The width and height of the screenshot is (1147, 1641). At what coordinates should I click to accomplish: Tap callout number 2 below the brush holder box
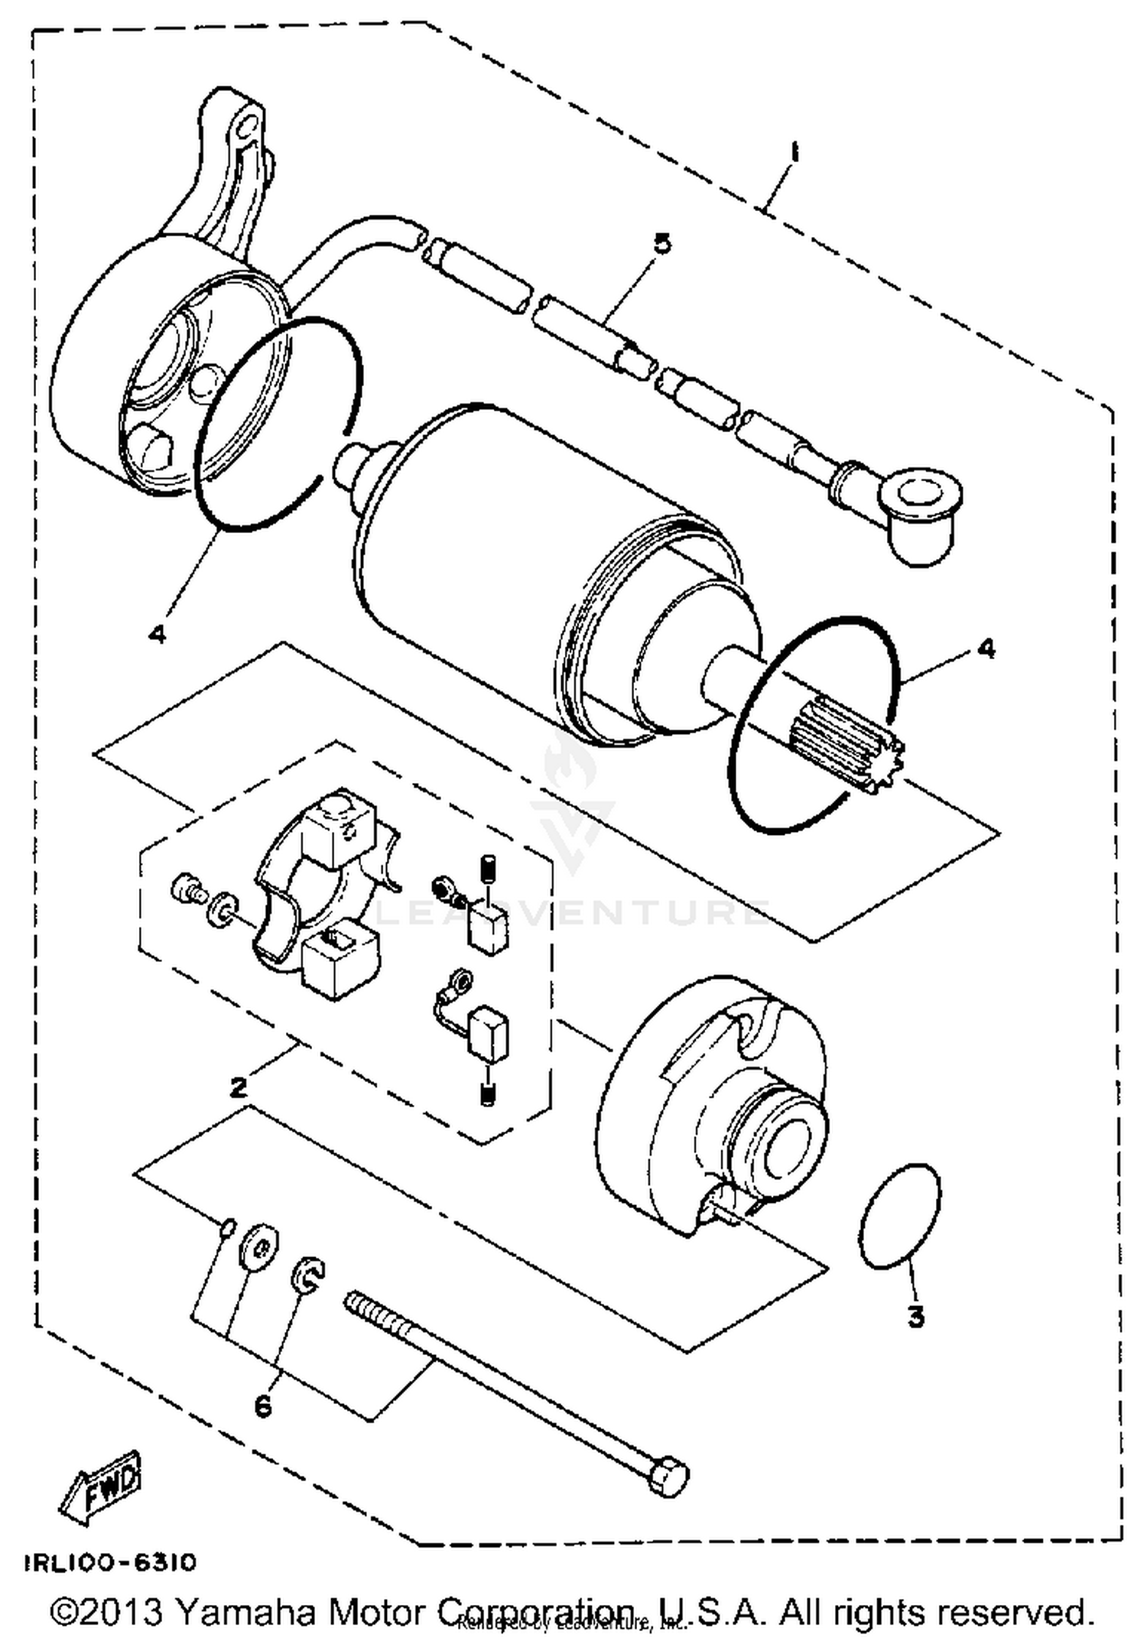click(239, 1087)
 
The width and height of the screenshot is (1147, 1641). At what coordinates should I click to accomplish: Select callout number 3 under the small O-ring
click(915, 1317)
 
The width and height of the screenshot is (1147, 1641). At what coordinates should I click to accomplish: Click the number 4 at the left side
click(157, 633)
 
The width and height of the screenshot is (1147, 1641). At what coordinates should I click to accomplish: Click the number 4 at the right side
click(986, 648)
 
